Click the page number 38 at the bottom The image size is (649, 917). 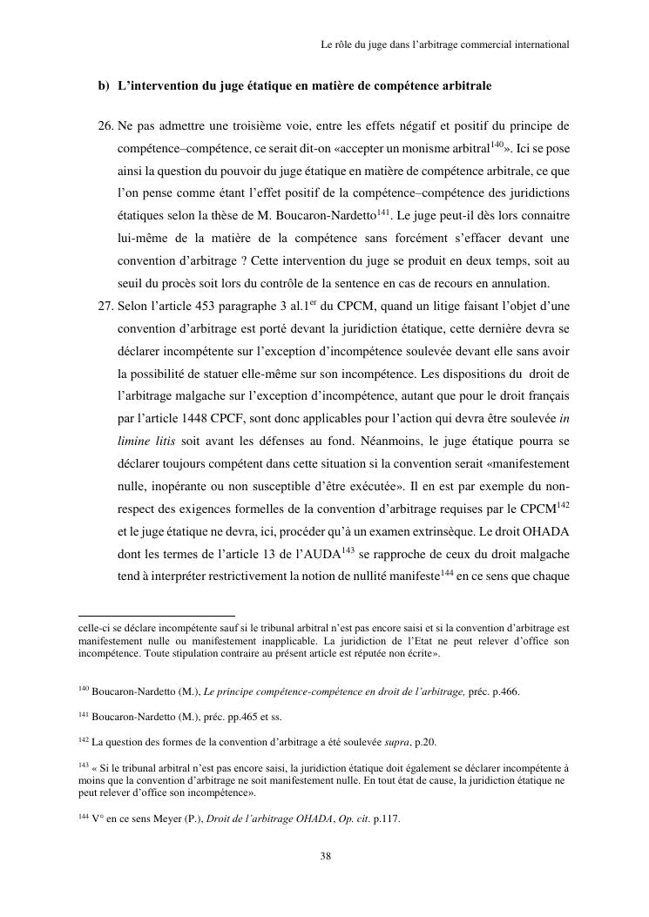click(x=325, y=856)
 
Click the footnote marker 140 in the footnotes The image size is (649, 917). click(x=83, y=689)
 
